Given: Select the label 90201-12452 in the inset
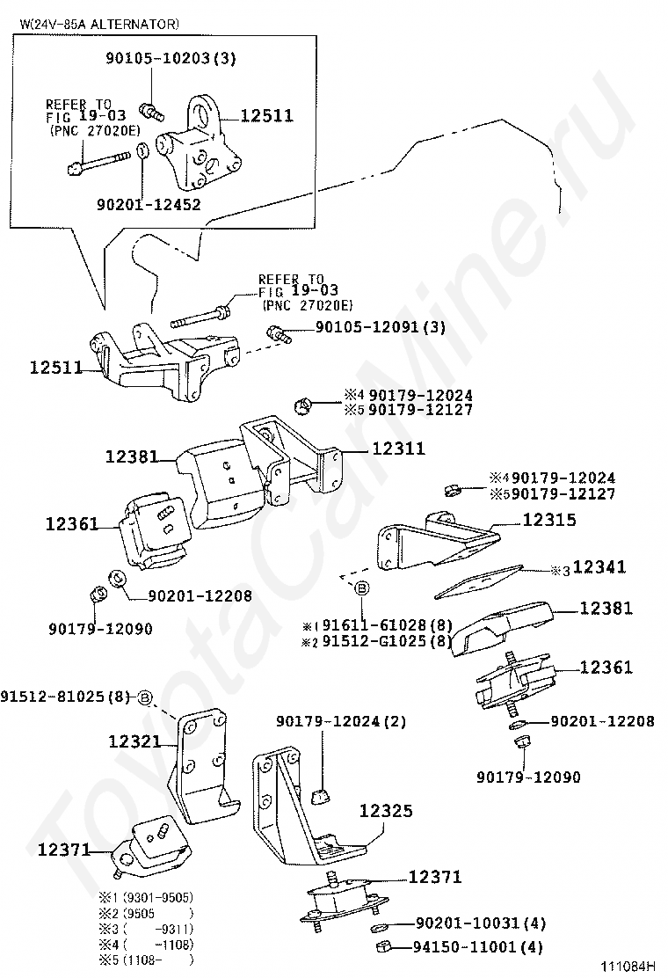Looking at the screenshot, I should click(149, 205).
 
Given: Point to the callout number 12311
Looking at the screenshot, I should click(398, 449).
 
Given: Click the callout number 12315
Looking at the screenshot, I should click(549, 520).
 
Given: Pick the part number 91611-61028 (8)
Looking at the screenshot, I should click(387, 625).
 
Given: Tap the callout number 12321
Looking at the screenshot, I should click(134, 741).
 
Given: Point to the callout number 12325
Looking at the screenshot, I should click(385, 812).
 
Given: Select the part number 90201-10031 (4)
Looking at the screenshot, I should click(480, 923).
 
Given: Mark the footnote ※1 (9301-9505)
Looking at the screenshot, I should click(145, 898).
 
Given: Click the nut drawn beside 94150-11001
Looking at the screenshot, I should click(382, 947).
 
